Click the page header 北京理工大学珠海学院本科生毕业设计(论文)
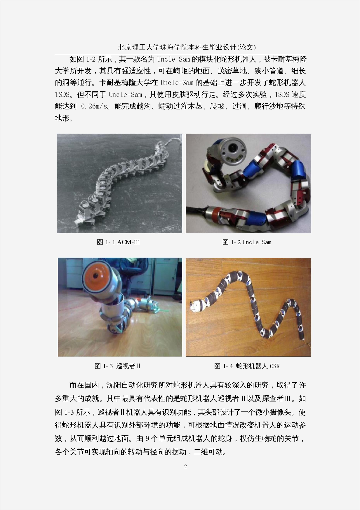pyautogui.click(x=187, y=47)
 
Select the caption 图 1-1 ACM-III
pyautogui.click(x=118, y=242)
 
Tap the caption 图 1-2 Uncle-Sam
pyautogui.click(x=247, y=242)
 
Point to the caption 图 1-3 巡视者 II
pyautogui.click(x=117, y=366)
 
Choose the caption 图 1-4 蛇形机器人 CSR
pyautogui.click(x=247, y=366)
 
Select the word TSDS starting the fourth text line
pyautogui.click(x=62, y=95)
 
